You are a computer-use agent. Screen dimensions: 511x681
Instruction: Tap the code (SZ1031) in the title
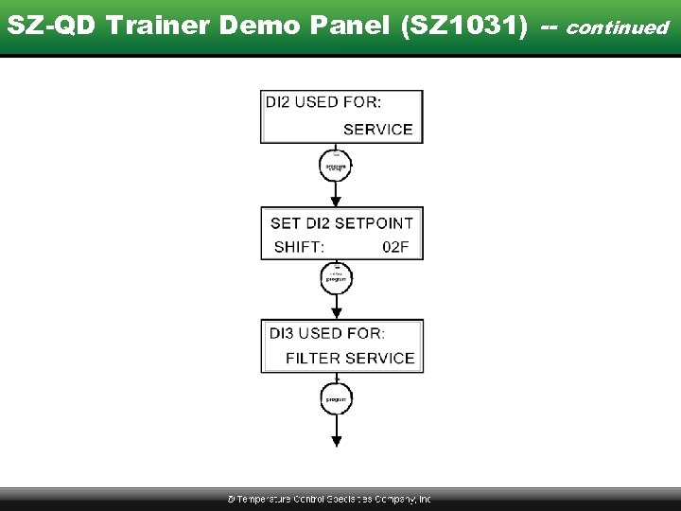tap(464, 26)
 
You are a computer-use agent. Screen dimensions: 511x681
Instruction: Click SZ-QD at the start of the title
tap(53, 26)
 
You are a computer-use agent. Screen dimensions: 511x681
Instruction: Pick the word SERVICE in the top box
tap(377, 130)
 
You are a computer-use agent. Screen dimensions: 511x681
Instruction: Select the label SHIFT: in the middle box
tap(299, 247)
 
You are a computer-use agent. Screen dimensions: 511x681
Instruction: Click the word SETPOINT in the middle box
tap(374, 223)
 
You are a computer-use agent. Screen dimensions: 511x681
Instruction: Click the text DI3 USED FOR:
tap(327, 333)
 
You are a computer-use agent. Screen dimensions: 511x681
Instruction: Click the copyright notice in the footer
tap(329, 499)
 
